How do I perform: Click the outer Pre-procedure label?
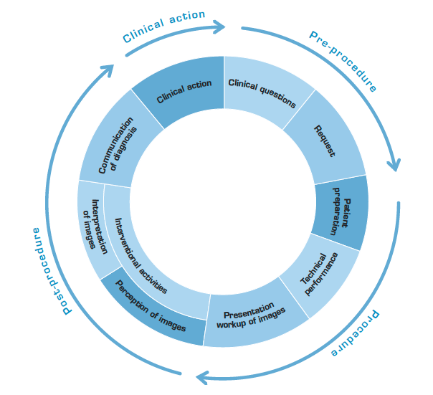(343, 60)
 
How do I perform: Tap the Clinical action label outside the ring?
(163, 26)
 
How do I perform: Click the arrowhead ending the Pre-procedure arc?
(394, 165)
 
